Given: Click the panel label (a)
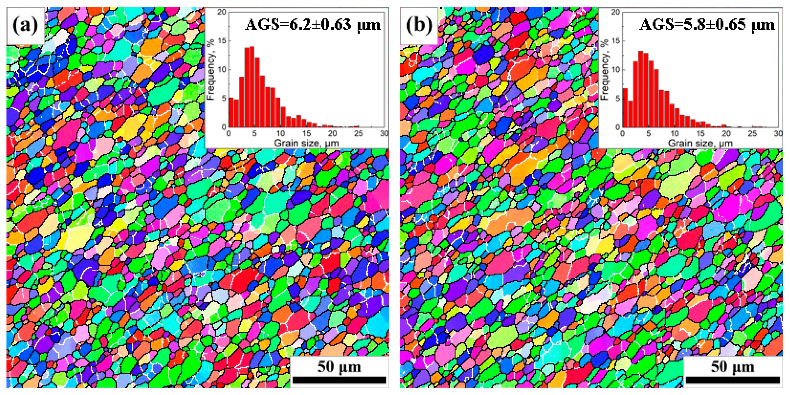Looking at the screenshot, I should click(25, 25).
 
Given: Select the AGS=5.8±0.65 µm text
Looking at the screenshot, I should click(707, 25).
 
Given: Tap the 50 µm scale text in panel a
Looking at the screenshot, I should click(339, 366).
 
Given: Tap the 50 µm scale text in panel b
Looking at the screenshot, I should click(732, 366).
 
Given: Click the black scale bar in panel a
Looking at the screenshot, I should click(339, 380).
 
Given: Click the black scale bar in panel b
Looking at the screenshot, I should click(733, 380).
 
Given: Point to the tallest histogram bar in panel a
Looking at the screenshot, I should click(252, 87).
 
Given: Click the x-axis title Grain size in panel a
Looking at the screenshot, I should click(306, 143).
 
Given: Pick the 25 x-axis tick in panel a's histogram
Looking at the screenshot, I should click(358, 133).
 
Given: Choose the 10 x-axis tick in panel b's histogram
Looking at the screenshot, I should click(674, 133).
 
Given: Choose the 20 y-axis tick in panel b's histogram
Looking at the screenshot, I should click(616, 12).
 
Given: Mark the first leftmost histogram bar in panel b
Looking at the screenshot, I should click(625, 108).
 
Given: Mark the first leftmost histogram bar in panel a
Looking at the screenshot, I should click(231, 113).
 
